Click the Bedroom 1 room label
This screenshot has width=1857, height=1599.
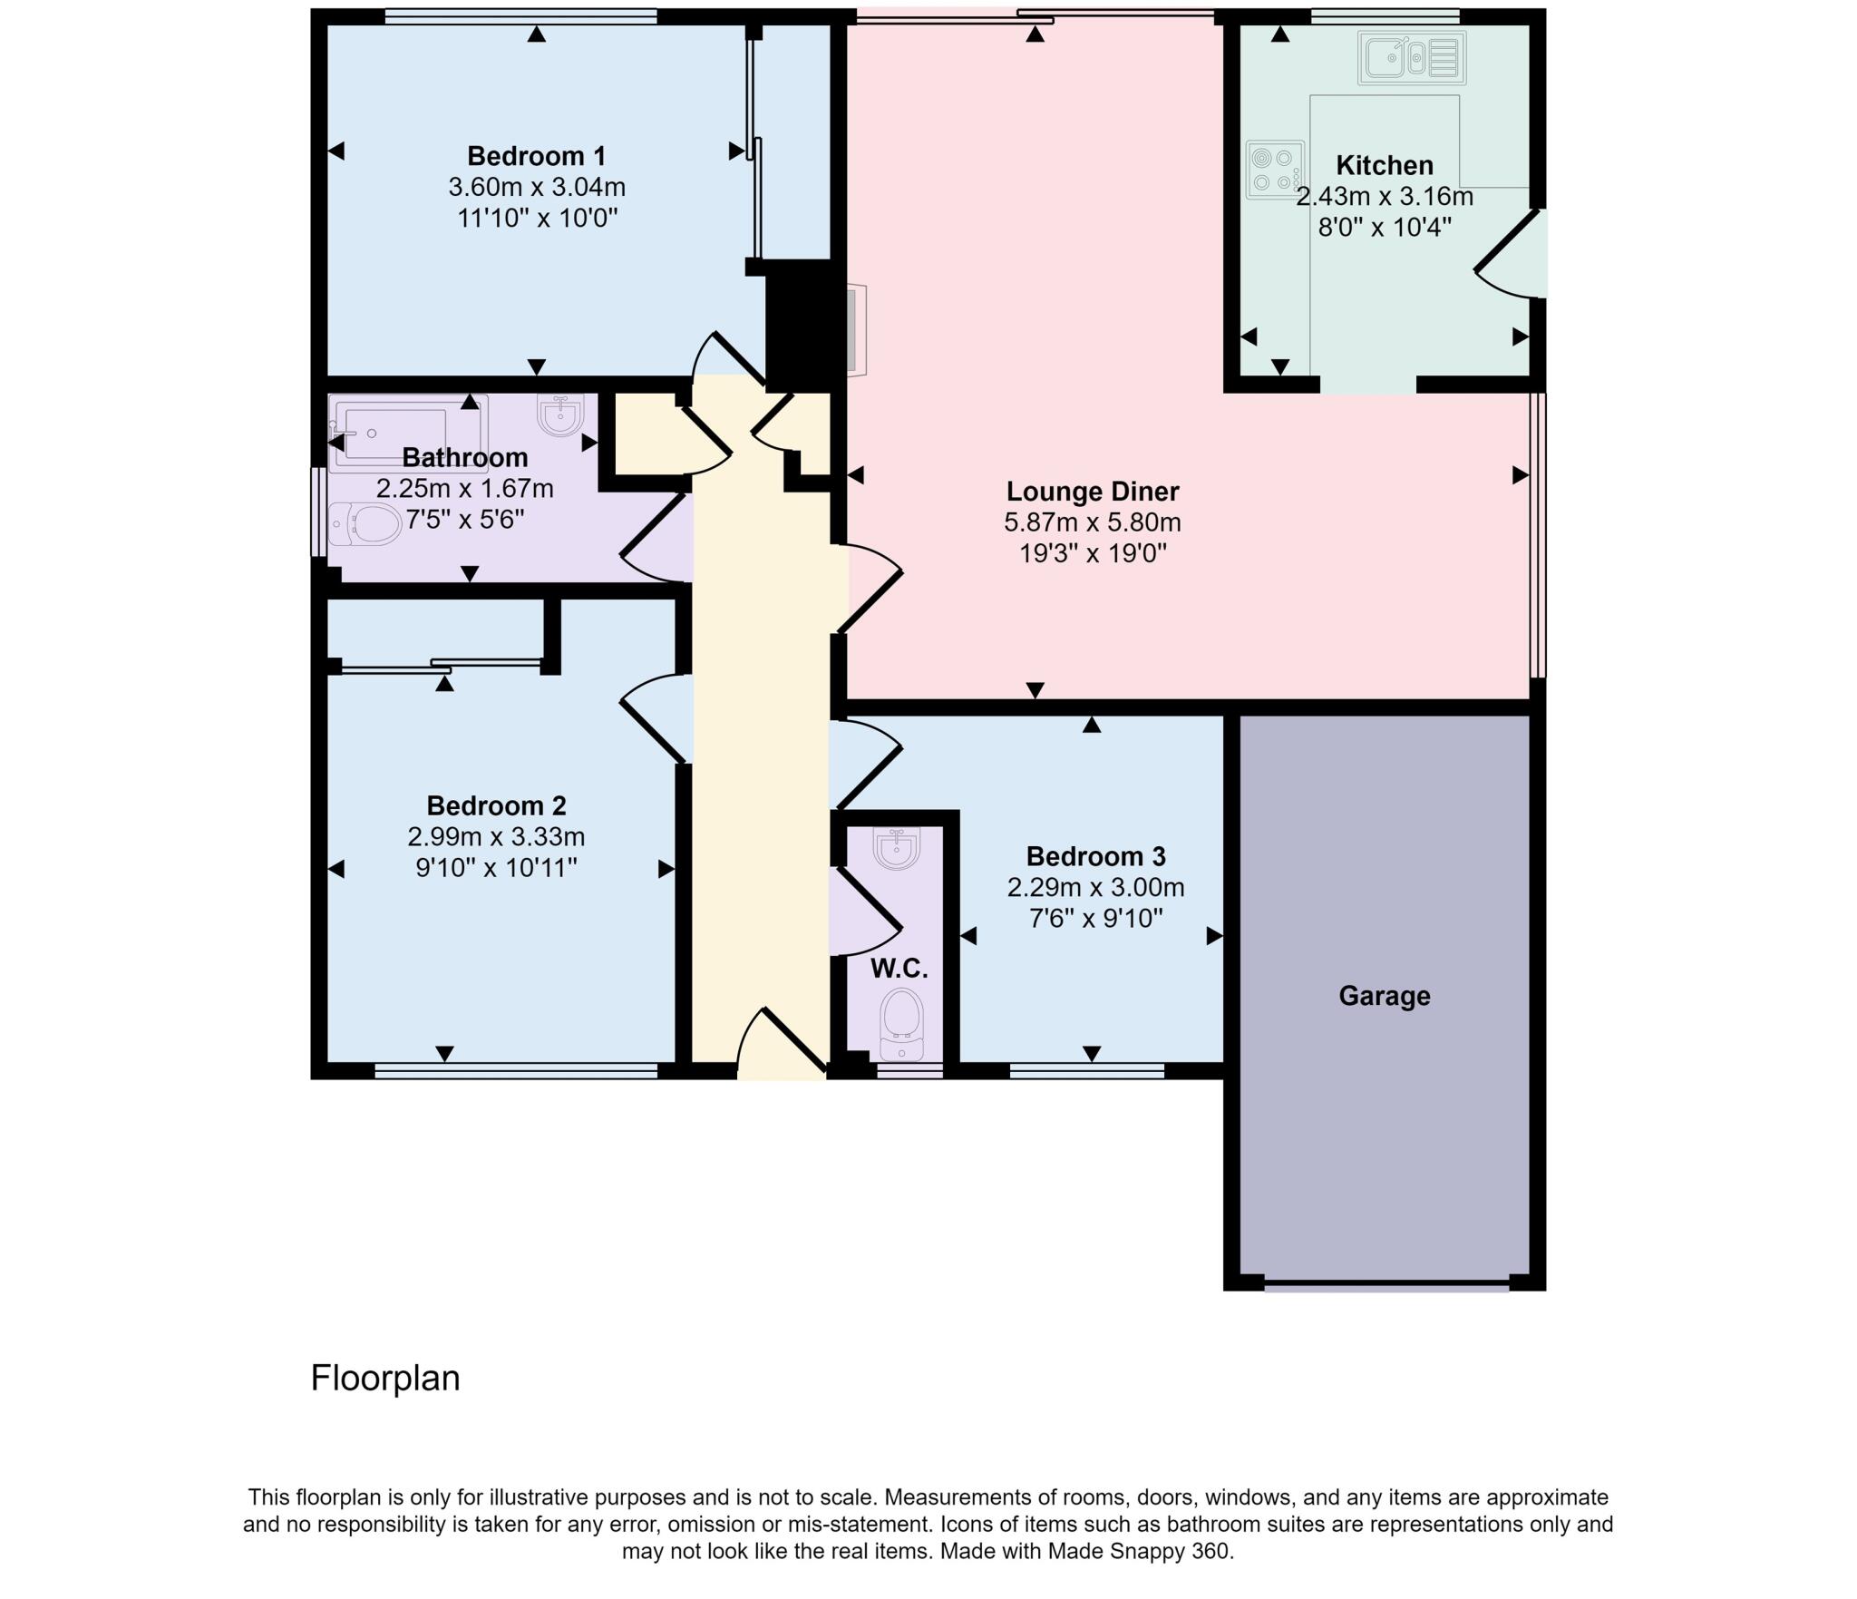coord(536,156)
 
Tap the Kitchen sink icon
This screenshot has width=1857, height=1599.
coord(1411,58)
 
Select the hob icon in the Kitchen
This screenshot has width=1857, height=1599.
coord(1274,169)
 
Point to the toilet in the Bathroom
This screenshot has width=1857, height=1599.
coord(365,525)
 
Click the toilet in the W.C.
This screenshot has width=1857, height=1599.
coord(900,1024)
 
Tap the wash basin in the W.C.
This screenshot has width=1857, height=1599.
coord(896,847)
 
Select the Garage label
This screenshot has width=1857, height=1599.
coord(1384,996)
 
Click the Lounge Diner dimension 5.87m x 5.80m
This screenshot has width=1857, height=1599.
coord(1092,522)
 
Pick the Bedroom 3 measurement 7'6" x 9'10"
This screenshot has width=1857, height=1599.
coord(1094,918)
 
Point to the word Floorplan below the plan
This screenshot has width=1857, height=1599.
coord(385,1378)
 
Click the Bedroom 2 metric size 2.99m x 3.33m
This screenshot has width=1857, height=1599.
coord(495,836)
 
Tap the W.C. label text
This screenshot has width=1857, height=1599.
coord(899,969)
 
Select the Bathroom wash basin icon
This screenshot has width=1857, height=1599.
coord(560,415)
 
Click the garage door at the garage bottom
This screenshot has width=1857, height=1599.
coord(1385,1283)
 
